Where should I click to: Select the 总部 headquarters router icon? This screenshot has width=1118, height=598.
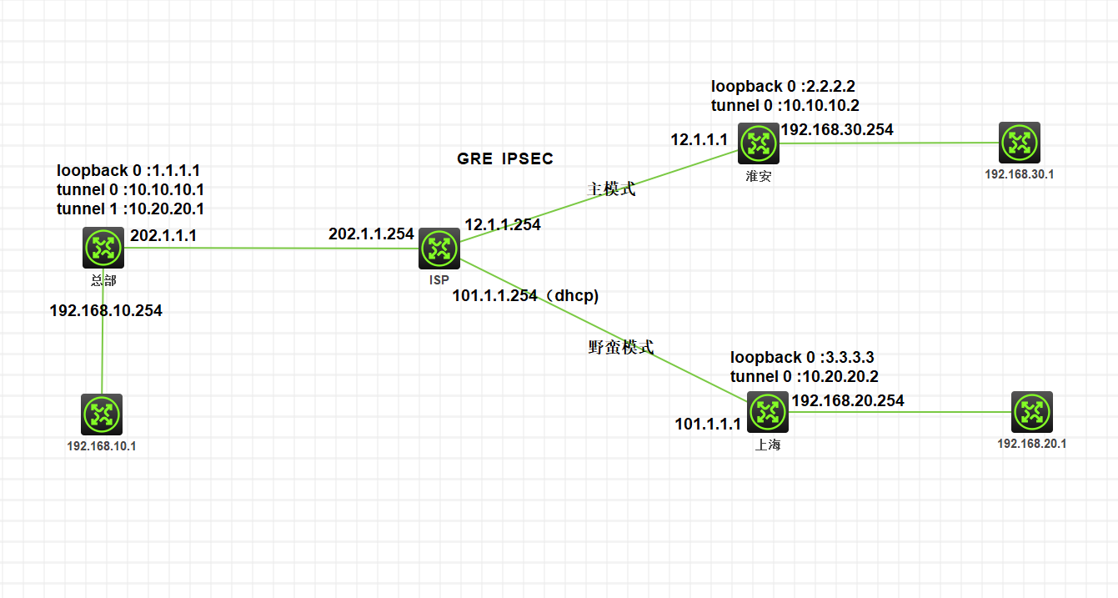(x=103, y=247)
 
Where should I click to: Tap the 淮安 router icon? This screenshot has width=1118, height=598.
(x=758, y=143)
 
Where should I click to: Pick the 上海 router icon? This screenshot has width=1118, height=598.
(x=766, y=411)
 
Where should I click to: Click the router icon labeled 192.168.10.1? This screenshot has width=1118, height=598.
(x=102, y=415)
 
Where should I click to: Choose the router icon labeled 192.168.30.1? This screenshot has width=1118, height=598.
(x=1020, y=143)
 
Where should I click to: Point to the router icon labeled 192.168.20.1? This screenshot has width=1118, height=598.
(x=1032, y=412)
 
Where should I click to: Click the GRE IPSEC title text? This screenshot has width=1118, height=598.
(x=505, y=159)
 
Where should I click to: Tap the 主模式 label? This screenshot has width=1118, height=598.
(x=612, y=189)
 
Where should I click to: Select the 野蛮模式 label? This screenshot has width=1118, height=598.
(x=621, y=348)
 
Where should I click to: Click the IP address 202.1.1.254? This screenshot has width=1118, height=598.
(x=371, y=234)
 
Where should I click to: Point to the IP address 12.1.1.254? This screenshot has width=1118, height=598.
(x=503, y=225)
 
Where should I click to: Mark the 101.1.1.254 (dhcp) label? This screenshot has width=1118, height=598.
(x=525, y=296)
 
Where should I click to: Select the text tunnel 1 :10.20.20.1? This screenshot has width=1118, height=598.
(x=130, y=209)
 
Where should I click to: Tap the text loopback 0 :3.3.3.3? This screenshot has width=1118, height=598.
(x=802, y=358)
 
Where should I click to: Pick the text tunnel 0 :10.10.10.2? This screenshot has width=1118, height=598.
(x=785, y=106)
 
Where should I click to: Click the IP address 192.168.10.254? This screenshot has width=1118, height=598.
(x=106, y=311)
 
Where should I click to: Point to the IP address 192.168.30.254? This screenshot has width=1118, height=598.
(x=836, y=129)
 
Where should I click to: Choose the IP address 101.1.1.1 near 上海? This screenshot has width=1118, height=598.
(x=708, y=425)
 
